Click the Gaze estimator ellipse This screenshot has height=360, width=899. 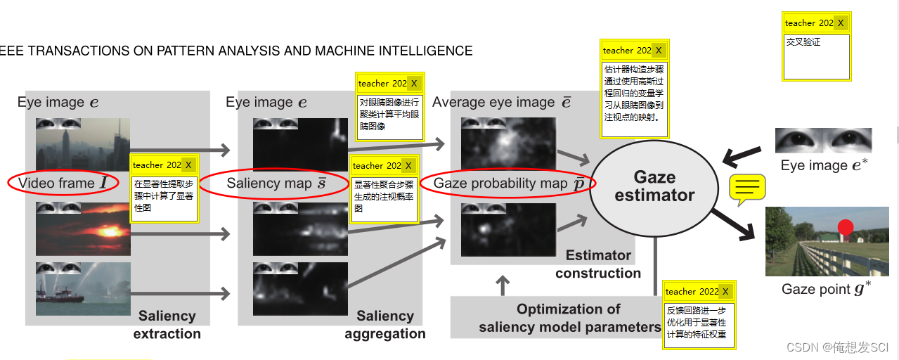(x=654, y=186)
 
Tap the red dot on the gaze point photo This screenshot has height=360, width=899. (x=846, y=227)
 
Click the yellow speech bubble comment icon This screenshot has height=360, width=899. (x=747, y=188)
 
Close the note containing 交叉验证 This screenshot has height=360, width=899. (x=841, y=23)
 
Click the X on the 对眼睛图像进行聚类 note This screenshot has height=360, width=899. (x=414, y=84)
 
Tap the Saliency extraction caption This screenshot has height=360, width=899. (x=167, y=325)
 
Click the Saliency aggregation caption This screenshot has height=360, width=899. (x=384, y=325)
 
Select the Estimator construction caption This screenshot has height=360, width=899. (x=598, y=264)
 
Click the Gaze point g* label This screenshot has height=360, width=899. (x=827, y=289)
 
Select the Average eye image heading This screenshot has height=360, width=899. (x=501, y=103)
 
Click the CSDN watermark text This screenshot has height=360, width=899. (x=837, y=348)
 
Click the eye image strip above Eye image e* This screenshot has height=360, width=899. (x=823, y=141)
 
